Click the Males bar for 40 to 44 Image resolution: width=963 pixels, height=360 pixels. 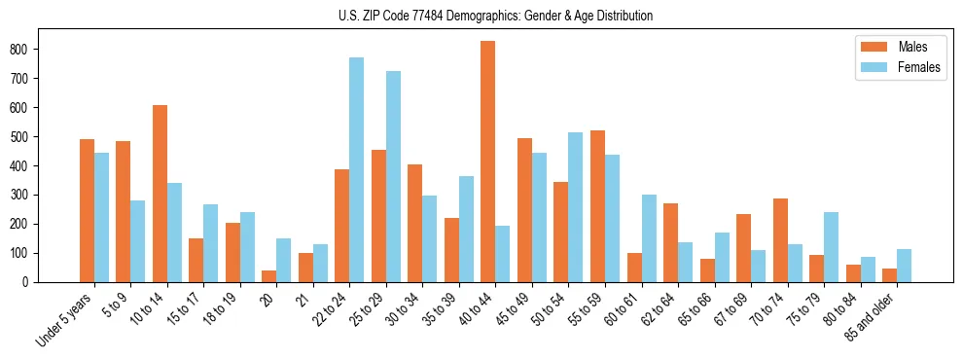click(x=488, y=162)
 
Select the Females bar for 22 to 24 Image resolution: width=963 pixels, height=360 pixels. click(x=357, y=170)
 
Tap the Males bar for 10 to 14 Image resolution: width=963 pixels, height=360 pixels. click(x=160, y=194)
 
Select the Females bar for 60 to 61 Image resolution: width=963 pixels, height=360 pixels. click(x=649, y=238)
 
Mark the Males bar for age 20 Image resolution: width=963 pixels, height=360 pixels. click(x=269, y=276)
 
